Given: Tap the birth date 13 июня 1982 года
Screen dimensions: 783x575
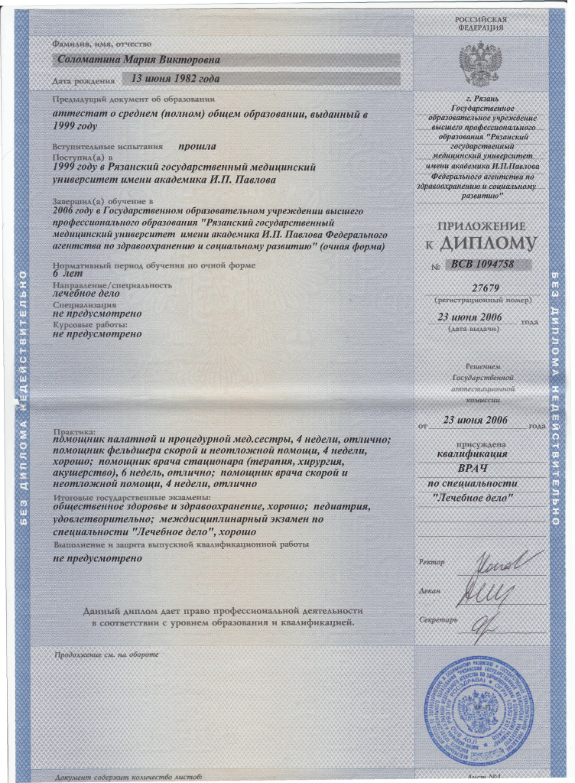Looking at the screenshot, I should pyautogui.click(x=176, y=78).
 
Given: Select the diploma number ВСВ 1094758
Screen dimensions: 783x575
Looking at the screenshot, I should pyautogui.click(x=481, y=264).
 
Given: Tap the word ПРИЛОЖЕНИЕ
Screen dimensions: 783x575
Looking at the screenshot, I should pyautogui.click(x=480, y=226).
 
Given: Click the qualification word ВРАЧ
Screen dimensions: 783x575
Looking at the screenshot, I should pyautogui.click(x=479, y=466).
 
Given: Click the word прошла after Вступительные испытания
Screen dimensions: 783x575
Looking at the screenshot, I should pyautogui.click(x=197, y=145).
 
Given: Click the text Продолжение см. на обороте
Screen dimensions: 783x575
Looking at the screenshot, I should pyautogui.click(x=106, y=655).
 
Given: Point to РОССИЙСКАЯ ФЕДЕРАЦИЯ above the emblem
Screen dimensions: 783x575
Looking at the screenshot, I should pyautogui.click(x=480, y=22).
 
